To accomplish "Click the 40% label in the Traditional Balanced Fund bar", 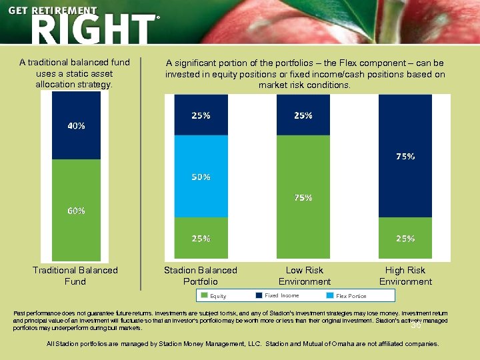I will [75, 126].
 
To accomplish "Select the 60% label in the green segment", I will [75, 211].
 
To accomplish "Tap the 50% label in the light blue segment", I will [201, 177].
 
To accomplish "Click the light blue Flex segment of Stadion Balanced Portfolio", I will [201, 160].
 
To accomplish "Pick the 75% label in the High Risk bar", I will [405, 157].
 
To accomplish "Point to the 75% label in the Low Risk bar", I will [303, 198].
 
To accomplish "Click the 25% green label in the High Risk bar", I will [405, 238].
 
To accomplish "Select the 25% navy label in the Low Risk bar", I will [303, 115].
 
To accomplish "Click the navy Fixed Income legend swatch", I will [259, 295].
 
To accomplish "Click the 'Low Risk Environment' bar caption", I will [304, 276].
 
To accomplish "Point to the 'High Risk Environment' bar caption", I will [405, 276].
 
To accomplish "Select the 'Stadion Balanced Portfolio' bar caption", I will [201, 276].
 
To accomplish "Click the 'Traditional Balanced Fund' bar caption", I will [75, 276].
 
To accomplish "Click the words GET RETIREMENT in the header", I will [53, 11].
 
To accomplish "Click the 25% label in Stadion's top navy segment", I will [201, 115].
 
